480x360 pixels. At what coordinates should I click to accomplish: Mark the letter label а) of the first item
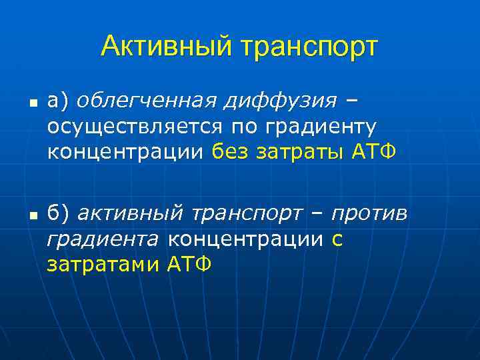[58, 101]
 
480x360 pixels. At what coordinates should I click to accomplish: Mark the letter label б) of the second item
[58, 213]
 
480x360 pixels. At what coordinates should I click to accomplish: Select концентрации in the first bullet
[125, 153]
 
